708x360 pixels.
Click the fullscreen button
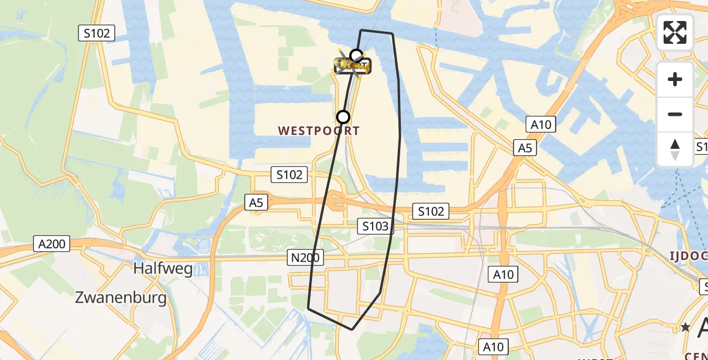pos(675,32)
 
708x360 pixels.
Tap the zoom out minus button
pos(675,114)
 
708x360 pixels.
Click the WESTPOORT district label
pos(319,131)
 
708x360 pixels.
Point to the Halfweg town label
pos(163,268)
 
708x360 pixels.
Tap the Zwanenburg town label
pos(121,298)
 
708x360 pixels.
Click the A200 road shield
pos(53,244)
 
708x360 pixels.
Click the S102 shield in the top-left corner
pos(97,34)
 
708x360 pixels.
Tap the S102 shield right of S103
pos(431,211)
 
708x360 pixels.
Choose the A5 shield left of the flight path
pos(256,203)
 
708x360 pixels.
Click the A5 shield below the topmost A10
pos(524,148)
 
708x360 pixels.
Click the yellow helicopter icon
pos(353,65)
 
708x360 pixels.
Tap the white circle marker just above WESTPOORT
pos(343,116)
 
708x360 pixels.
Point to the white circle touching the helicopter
pos(356,56)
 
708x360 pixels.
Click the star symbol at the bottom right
pos(685,328)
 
